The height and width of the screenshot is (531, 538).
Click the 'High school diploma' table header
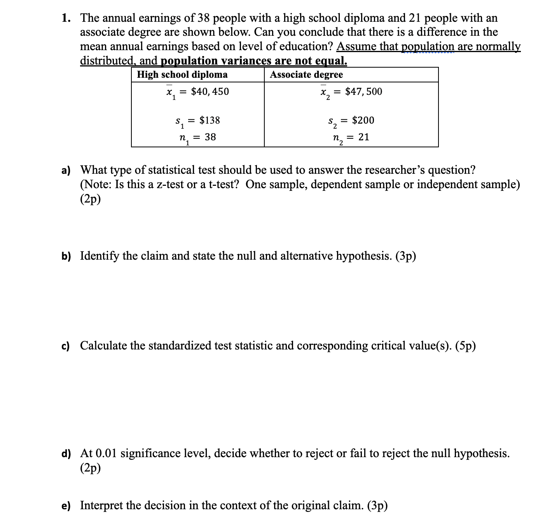click(182, 75)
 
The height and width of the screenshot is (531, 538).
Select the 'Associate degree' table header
click(306, 75)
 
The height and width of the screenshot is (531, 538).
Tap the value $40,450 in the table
click(210, 92)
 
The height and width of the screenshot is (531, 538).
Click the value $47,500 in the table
click(363, 92)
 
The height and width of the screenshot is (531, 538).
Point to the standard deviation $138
click(210, 121)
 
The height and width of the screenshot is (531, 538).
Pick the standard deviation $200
click(363, 121)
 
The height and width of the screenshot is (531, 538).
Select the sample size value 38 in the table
click(210, 137)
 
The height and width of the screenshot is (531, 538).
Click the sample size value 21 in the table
click(364, 137)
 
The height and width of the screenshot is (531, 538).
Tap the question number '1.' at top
click(66, 18)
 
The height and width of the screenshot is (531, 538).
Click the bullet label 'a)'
click(66, 170)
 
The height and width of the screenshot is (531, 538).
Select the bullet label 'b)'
click(66, 256)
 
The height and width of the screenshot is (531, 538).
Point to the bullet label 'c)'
click(65, 346)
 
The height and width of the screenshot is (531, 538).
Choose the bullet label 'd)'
click(66, 454)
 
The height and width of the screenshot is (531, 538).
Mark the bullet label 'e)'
click(66, 506)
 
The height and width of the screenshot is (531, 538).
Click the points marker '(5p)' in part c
click(465, 346)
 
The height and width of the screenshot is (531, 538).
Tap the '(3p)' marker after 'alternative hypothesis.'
click(405, 256)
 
